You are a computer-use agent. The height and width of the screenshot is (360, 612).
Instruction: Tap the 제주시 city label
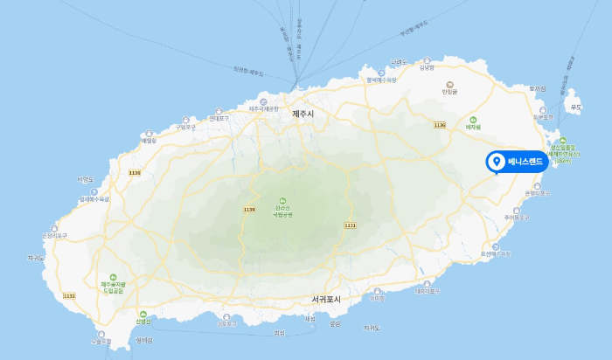303,114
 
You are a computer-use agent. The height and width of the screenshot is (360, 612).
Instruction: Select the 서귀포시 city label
325,300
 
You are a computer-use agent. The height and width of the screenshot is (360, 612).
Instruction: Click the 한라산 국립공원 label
282,210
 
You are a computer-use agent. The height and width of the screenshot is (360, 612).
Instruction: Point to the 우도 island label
575,107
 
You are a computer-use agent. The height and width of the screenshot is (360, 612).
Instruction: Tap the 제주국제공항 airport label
263,108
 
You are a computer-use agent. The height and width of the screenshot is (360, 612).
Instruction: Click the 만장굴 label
450,91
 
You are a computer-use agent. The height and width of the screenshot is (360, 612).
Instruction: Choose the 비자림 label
474,128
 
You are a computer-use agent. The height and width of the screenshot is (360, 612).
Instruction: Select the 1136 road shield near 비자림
440,126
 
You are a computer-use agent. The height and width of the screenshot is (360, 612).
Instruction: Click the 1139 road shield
249,209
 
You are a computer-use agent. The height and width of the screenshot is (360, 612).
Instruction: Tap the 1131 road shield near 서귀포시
351,225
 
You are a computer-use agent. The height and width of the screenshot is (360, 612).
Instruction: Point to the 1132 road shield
69,296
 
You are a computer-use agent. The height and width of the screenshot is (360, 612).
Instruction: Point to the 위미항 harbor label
378,297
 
